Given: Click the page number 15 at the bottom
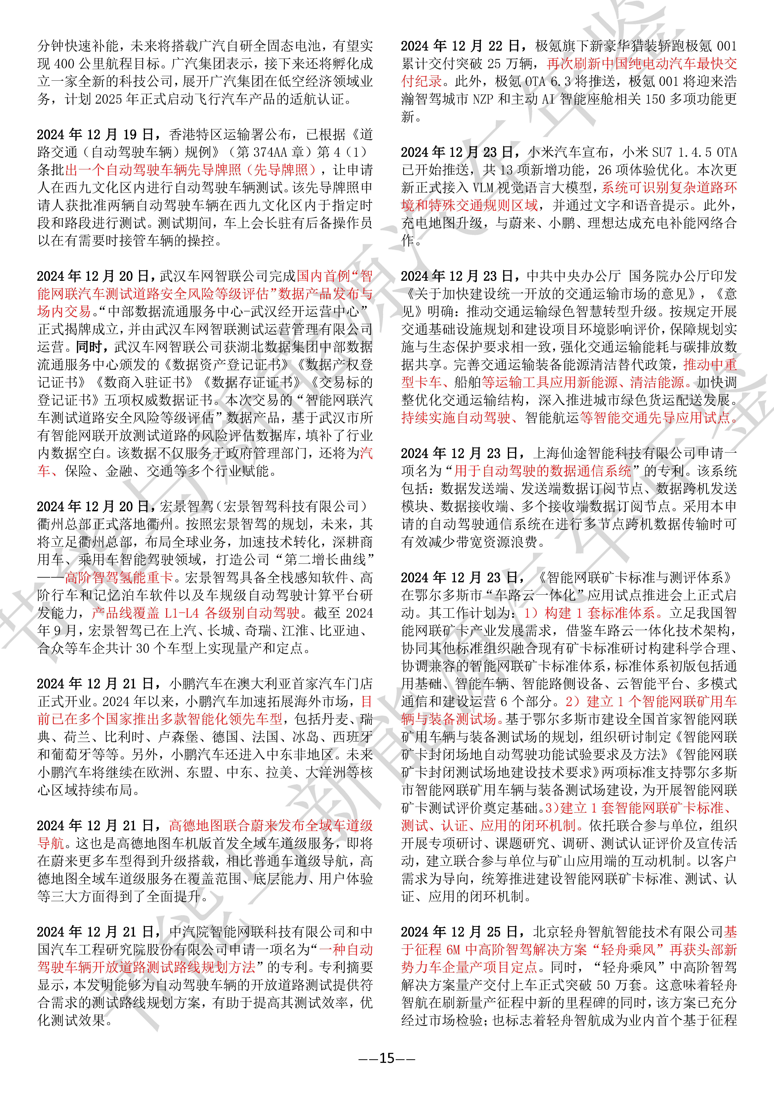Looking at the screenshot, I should [x=387, y=1058].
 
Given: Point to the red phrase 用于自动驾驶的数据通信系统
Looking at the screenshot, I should [x=542, y=471].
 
